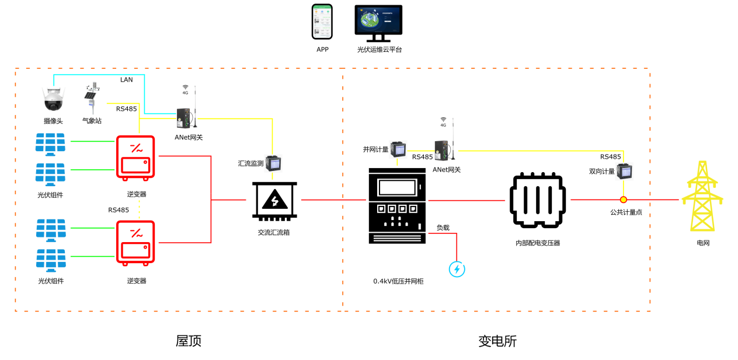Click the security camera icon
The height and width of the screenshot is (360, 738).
[x=53, y=99]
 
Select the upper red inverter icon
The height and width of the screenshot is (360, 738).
[x=136, y=156]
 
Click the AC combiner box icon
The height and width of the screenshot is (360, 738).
[x=274, y=201]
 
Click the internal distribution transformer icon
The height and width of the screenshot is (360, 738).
[x=537, y=200]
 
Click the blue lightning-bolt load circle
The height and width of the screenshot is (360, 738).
[x=457, y=269]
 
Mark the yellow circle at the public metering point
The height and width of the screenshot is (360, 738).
[x=624, y=200]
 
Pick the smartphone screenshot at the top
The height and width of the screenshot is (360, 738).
[x=322, y=22]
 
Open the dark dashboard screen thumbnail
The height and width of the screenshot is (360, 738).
[x=378, y=20]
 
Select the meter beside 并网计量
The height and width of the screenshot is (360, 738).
[x=398, y=149]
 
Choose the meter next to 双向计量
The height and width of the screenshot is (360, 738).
[x=624, y=171]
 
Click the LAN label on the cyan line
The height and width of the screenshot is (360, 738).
[x=127, y=80]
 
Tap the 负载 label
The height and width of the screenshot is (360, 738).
[x=443, y=228]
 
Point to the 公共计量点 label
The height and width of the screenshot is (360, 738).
[x=626, y=212]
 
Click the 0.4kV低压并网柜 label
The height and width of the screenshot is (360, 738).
[x=398, y=281]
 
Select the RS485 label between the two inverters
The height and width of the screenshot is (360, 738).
[x=119, y=210]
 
